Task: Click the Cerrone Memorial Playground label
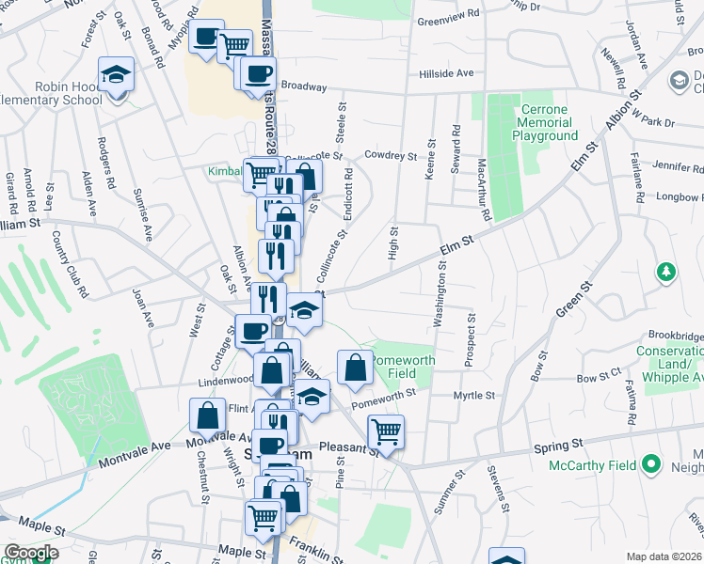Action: pyautogui.click(x=545, y=123)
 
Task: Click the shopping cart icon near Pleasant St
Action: pyautogui.click(x=385, y=432)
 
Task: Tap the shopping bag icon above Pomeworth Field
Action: pyautogui.click(x=355, y=368)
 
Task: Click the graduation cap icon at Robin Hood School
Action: pyautogui.click(x=117, y=75)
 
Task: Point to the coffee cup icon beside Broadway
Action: pyautogui.click(x=257, y=75)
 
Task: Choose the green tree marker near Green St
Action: pyautogui.click(x=666, y=272)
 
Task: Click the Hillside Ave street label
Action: pyautogui.click(x=446, y=73)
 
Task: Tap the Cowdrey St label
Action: pyautogui.click(x=391, y=156)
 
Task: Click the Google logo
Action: pyautogui.click(x=31, y=553)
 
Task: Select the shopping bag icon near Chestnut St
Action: pyautogui.click(x=207, y=415)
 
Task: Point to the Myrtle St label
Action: pyautogui.click(x=473, y=396)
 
